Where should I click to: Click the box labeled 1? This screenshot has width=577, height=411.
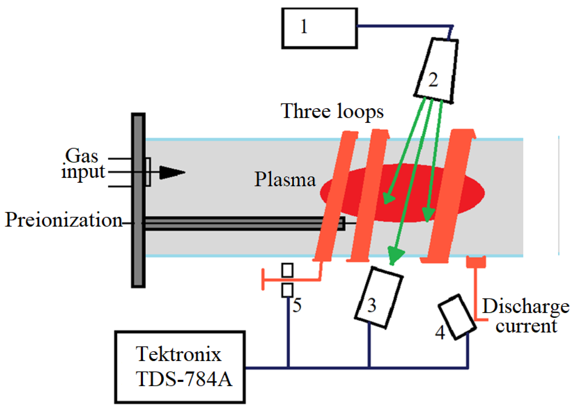click(319, 28)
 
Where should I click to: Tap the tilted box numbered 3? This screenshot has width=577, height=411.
click(379, 298)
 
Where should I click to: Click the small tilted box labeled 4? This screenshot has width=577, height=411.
click(456, 317)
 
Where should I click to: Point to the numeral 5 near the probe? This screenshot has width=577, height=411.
click(297, 305)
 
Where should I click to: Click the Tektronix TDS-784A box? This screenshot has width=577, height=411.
click(180, 367)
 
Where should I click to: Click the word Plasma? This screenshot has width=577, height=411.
click(285, 179)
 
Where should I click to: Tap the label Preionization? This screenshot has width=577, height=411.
click(63, 220)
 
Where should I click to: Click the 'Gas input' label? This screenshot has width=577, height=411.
click(82, 164)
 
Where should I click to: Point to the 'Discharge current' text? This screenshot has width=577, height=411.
click(525, 316)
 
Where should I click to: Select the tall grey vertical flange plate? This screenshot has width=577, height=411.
click(138, 200)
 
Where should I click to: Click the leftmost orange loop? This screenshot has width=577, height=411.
click(335, 196)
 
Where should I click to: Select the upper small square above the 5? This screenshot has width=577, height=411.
click(287, 270)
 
